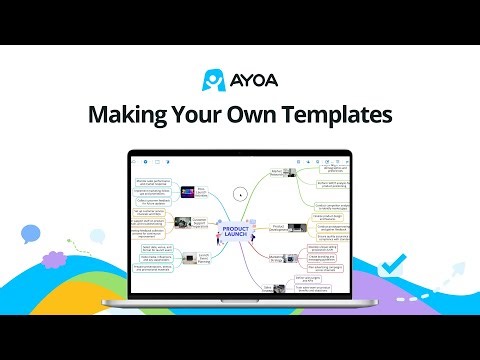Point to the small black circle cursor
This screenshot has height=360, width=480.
(x=239, y=193)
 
